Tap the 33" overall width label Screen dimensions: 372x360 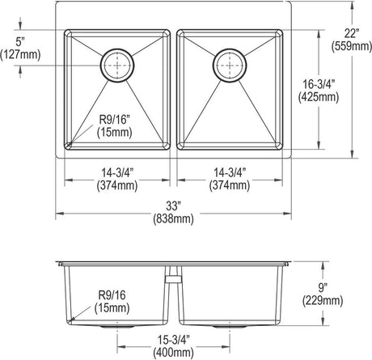173,206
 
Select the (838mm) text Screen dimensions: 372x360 173,218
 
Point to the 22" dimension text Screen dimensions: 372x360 352,34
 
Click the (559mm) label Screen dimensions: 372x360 352,46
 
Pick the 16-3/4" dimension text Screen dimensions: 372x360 318,85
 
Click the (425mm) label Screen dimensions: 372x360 319,97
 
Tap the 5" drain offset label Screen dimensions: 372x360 20,42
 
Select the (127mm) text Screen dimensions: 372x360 20,55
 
